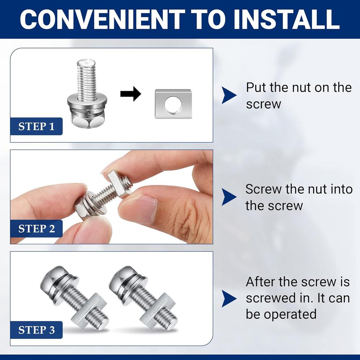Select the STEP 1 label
(37, 127)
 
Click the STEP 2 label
(37, 229)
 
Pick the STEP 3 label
(37, 330)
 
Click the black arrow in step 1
(130, 94)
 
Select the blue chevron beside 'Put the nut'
(229, 95)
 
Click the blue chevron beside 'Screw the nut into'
(229, 197)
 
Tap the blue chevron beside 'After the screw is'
(229, 298)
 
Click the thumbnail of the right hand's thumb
(139, 209)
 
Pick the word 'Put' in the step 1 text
(256, 88)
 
